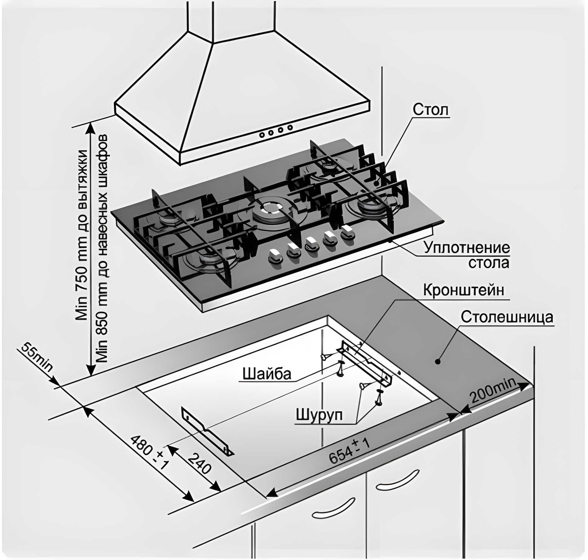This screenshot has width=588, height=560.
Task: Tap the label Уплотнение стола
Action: tap(467, 255)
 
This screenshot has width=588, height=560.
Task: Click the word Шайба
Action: tap(267, 374)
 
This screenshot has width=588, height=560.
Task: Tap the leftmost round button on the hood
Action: tap(262, 134)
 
